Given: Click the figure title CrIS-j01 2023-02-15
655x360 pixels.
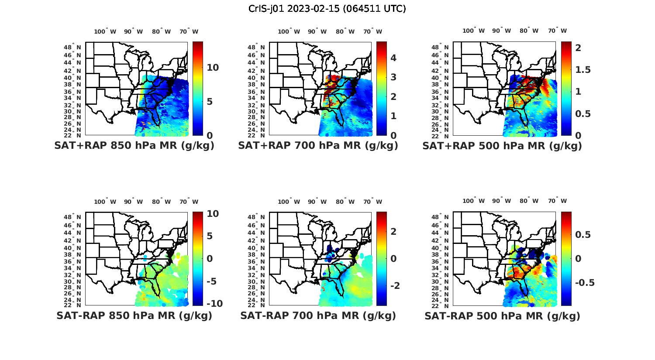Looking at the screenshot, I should tap(327, 8).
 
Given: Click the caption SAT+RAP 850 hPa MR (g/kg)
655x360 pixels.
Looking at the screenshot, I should tap(134, 146).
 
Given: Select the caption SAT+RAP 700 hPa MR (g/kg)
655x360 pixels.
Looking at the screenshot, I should tap(318, 146).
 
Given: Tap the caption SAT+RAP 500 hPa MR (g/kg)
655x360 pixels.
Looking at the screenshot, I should tap(502, 146).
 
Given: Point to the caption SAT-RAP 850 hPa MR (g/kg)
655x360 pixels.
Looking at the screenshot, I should tap(134, 315).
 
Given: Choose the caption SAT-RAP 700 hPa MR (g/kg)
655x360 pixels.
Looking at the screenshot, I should tap(318, 315).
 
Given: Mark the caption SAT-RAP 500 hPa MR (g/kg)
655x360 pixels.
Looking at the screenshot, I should tap(502, 315).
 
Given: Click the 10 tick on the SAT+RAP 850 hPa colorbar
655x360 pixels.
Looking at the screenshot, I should tap(213, 68).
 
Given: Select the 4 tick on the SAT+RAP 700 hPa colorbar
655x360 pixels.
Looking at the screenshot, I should tap(393, 58).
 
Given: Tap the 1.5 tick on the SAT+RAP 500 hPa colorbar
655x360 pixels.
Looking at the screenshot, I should tap(583, 70).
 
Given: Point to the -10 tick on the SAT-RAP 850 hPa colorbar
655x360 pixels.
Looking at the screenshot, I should tap(214, 304).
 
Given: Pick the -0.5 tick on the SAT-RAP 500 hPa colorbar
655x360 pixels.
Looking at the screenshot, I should tap(585, 282).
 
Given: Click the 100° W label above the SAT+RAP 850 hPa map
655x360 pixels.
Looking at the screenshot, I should tap(105, 31).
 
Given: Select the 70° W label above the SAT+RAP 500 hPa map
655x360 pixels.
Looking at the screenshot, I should tap(557, 31).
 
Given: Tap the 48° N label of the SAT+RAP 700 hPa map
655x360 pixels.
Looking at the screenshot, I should tap(256, 47).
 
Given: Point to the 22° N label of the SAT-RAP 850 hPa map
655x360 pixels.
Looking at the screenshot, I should tap(72, 305).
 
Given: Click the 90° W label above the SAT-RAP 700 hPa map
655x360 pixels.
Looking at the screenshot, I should tap(317, 202).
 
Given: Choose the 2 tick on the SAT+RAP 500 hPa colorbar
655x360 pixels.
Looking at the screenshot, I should tap(578, 48).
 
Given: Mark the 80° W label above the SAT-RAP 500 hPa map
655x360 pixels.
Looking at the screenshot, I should tap(529, 201).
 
